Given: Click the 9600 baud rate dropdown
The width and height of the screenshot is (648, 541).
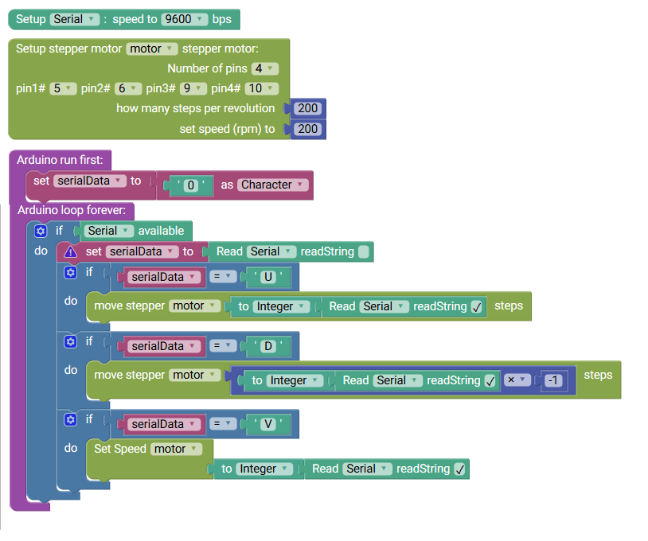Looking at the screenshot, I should coord(184,19).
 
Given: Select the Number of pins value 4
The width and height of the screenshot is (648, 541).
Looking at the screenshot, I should coord(264,68).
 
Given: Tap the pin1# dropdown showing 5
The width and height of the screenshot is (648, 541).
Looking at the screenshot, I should coord(62,88).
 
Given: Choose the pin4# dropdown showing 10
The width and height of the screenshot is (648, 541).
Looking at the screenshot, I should coord(260,88).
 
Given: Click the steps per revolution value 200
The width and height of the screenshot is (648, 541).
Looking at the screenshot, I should coord(307,108).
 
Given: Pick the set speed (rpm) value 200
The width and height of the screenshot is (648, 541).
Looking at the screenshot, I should coord(307,129).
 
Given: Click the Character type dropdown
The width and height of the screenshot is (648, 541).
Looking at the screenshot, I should coord(272,185).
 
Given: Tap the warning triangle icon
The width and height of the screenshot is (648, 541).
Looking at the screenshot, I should coord(71,251).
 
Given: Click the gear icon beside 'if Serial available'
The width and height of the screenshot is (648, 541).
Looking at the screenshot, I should coord(41,231).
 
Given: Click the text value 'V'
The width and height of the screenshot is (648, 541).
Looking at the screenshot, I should coord(267,424).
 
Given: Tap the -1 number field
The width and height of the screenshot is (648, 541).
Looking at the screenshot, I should coord(553,381).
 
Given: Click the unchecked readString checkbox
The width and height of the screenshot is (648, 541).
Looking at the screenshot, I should coord(364,252).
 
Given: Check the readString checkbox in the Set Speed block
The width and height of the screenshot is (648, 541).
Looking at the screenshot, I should coord(459,469).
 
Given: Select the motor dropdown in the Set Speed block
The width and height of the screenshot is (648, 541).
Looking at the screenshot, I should coord(175,449).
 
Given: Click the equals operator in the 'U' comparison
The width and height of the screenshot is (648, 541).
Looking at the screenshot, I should coord(225,278).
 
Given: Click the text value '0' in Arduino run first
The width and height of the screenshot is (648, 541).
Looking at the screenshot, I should coord(190,185).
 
